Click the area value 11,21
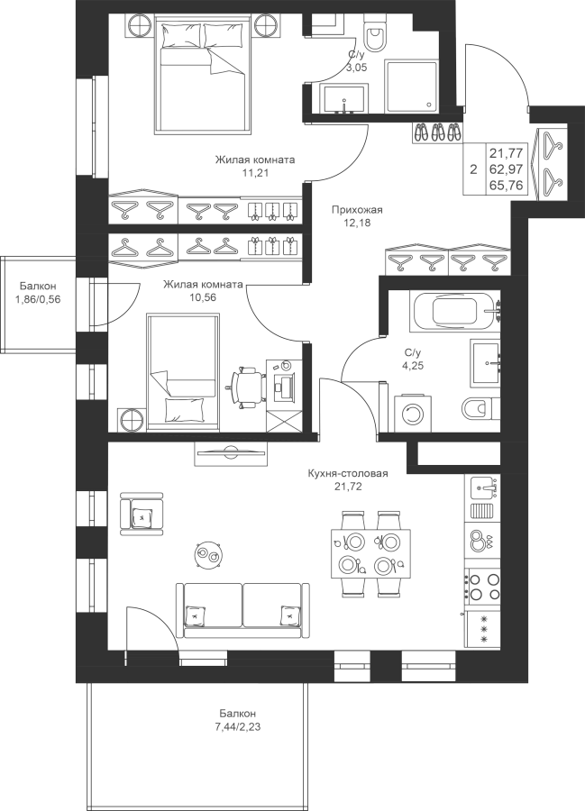tap(255, 173)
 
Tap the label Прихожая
tap(357, 210)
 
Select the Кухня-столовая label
tap(348, 473)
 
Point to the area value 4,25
tap(412, 365)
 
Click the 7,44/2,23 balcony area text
tap(238, 726)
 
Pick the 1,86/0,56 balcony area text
tap(38, 298)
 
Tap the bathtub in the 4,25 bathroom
tap(456, 310)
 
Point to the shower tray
tap(412, 87)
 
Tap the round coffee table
tap(209, 555)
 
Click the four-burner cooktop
tap(482, 587)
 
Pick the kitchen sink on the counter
tap(486, 487)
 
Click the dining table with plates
tap(370, 554)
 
